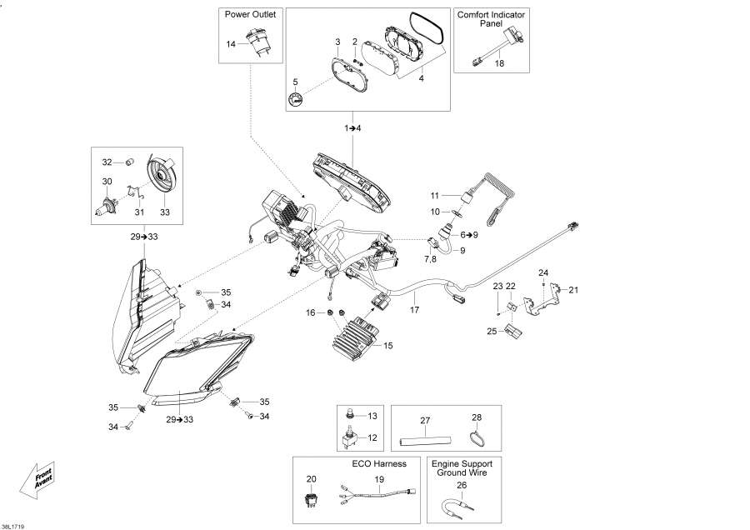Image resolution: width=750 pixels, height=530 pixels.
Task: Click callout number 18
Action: [x=499, y=63]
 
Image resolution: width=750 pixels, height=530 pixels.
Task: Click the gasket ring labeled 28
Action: [x=476, y=433]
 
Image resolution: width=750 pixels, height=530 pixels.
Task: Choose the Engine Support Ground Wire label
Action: [x=463, y=467]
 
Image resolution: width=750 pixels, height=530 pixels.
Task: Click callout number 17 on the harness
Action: [x=414, y=310]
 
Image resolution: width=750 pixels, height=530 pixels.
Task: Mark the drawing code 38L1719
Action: [x=13, y=525]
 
